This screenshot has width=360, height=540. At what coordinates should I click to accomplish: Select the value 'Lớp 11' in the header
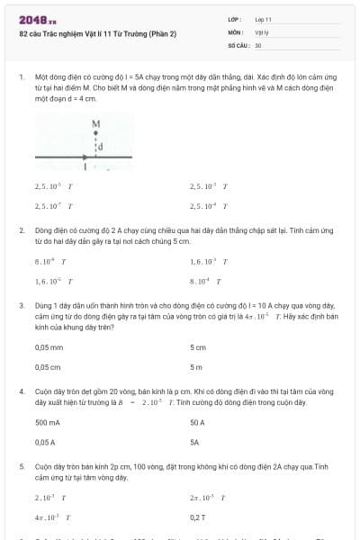click(263, 19)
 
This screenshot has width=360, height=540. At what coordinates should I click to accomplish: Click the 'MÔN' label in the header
click(234, 31)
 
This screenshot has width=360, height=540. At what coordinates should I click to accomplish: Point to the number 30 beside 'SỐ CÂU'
click(258, 44)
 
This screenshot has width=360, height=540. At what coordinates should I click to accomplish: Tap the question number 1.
click(21, 79)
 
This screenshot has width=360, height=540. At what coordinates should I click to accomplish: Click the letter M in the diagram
click(95, 123)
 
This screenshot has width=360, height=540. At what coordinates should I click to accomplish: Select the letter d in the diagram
click(101, 147)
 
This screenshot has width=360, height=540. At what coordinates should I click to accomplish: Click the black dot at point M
click(95, 133)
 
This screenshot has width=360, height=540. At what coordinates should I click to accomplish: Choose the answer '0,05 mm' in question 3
click(49, 347)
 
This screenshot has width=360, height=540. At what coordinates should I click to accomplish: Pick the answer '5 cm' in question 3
click(198, 347)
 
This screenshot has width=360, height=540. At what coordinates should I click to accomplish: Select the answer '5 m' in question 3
click(196, 367)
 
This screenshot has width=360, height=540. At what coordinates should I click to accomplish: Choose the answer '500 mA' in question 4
click(48, 422)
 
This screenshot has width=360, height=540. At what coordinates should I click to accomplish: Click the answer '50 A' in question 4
click(198, 422)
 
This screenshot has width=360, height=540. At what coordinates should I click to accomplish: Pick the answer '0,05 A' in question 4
click(45, 442)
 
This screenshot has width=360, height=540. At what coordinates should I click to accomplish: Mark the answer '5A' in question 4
click(194, 442)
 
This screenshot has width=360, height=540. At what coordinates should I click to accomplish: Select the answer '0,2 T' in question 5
click(198, 517)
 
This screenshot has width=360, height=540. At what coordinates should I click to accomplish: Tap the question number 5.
click(21, 467)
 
